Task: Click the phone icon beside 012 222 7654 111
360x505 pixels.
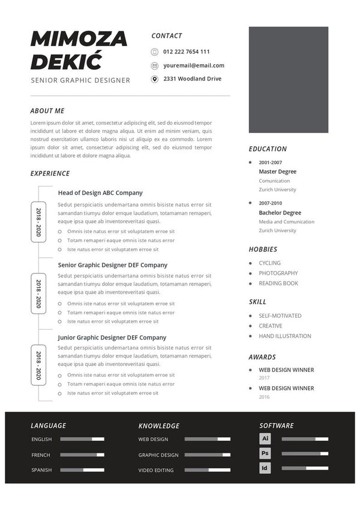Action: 155,52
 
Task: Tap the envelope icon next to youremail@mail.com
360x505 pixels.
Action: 155,65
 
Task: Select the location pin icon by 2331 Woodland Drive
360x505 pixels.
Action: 155,79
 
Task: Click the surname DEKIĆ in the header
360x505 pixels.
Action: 66,61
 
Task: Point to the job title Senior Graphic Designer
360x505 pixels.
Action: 80,80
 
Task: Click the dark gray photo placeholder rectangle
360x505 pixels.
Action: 289,80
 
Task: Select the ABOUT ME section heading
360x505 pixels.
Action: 47,111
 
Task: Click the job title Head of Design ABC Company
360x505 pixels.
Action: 100,193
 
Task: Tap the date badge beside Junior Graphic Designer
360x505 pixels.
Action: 38,365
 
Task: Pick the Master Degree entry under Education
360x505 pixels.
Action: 277,172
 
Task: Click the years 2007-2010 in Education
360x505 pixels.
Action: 270,203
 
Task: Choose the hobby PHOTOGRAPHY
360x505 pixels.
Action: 278,273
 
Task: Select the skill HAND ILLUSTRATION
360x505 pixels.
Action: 285,336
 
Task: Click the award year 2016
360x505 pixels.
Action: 264,397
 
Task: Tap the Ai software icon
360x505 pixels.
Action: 265,438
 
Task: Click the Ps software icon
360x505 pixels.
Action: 265,453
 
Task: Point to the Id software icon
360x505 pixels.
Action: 265,468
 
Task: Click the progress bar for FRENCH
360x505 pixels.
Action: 82,455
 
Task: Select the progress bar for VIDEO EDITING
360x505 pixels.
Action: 207,470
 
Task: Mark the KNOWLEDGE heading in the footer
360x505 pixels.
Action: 159,426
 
